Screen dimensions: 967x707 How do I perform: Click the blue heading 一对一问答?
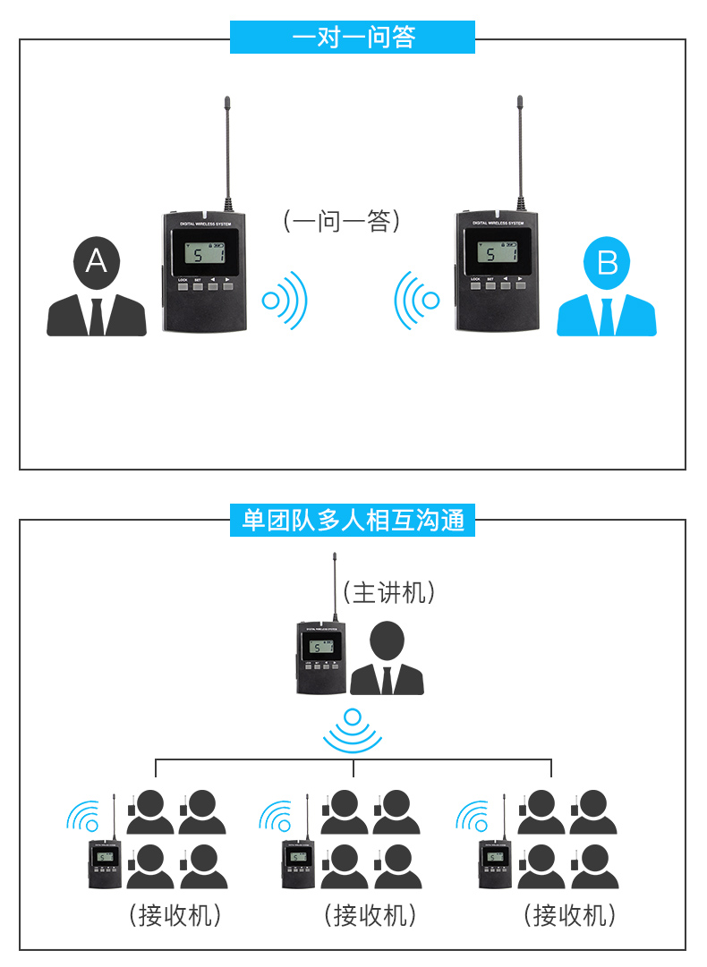point(353,38)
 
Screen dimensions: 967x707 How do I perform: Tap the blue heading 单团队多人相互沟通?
point(353,519)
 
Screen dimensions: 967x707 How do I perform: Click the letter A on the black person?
point(96,261)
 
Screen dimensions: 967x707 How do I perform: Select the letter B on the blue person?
point(607,263)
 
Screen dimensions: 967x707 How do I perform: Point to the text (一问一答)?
point(341,221)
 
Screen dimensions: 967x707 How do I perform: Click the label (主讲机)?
point(389,592)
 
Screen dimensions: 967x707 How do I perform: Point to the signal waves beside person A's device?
point(285,299)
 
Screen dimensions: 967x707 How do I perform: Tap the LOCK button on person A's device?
point(183,287)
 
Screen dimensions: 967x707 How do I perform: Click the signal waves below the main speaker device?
point(353,729)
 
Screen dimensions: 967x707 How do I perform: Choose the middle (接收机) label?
point(370,915)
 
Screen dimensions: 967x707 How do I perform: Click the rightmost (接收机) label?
point(569,915)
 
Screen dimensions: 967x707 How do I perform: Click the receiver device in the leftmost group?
point(106,862)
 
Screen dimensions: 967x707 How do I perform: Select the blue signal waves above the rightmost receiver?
point(472,816)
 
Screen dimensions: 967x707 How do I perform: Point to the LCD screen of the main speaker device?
point(319,647)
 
